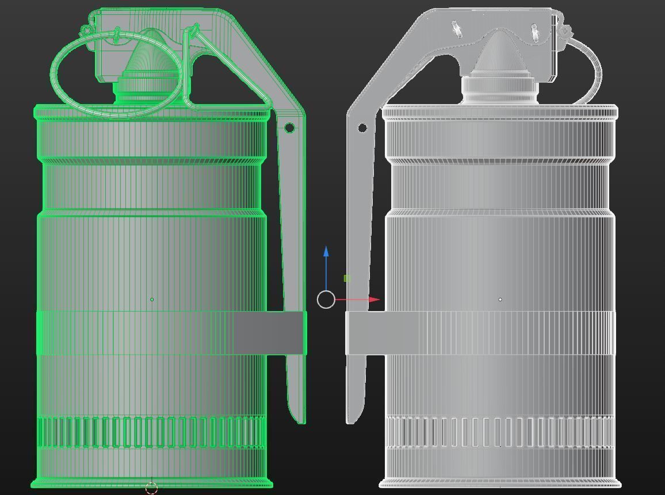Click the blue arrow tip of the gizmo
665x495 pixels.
point(326,251)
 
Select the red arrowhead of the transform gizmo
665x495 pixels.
point(374,300)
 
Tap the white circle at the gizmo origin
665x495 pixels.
point(326,300)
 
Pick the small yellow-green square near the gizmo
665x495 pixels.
point(347,278)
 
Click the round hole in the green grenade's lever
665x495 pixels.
point(289,128)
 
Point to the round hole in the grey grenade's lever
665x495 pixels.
point(362,128)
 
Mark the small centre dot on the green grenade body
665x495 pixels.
point(152,300)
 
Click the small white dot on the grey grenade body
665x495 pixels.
point(500,300)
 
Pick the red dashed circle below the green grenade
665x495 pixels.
point(151,488)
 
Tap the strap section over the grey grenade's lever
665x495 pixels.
point(365,333)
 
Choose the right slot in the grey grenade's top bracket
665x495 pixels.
point(534,32)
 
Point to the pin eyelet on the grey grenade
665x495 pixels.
point(565,30)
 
